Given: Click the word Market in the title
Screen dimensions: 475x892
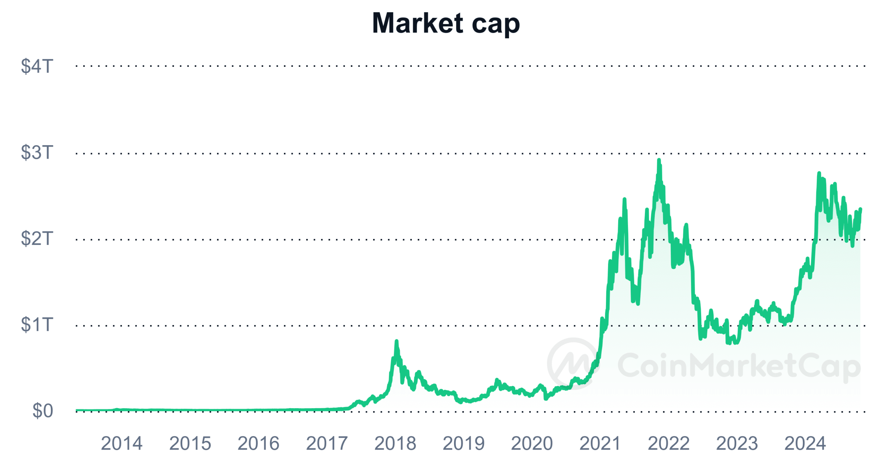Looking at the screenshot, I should click(417, 23).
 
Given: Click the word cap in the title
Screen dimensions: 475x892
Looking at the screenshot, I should click(495, 24).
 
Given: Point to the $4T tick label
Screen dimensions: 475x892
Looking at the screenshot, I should click(37, 66).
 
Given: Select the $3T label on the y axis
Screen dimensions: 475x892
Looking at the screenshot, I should click(37, 152).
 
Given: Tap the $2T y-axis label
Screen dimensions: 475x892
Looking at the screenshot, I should click(37, 238).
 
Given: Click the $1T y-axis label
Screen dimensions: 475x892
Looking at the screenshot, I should click(37, 324).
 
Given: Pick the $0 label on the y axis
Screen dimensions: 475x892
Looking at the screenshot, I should click(43, 411).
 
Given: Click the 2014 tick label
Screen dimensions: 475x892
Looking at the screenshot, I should click(122, 443).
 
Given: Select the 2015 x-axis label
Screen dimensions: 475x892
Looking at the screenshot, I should click(190, 443).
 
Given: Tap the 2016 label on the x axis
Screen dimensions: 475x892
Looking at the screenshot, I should click(258, 443).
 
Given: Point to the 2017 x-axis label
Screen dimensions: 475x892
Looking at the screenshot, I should click(326, 443).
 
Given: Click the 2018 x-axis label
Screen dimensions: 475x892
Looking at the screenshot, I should click(395, 443).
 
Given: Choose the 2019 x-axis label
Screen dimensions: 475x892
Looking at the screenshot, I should click(463, 443).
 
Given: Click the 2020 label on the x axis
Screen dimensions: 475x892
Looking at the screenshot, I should click(532, 443).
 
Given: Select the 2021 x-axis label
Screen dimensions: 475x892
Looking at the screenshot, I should click(600, 443).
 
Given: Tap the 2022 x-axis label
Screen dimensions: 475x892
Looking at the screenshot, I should click(668, 443).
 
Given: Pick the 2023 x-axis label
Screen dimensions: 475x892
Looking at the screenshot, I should click(737, 443).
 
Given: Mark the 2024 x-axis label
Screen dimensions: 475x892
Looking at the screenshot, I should click(805, 443).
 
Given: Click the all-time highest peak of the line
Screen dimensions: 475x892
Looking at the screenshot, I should click(659, 160).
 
